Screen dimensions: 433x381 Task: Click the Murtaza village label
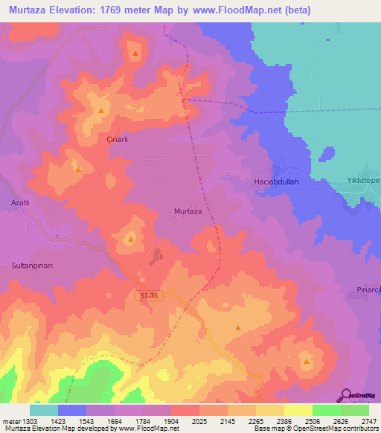pos(188,211)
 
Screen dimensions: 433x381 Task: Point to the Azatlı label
pos(19,203)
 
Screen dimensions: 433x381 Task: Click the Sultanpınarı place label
pos(31,265)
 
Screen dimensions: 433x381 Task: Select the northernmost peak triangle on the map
pos(135,54)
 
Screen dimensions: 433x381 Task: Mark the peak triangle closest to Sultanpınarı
pos(131,240)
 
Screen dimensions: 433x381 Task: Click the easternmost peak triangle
pos(307,362)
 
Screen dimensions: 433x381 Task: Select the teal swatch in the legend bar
pos(44,410)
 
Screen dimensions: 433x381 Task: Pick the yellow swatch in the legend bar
pos(298,410)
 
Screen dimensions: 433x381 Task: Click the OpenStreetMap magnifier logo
pos(346,394)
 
